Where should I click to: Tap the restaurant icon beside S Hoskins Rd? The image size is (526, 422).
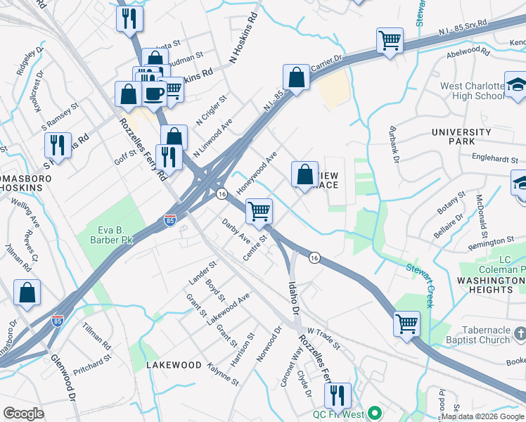coord(58,146)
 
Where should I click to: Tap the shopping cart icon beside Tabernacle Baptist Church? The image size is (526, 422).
coord(406,324)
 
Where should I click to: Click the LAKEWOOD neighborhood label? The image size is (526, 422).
coord(174,366)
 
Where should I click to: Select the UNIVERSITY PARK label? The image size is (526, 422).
coord(461,137)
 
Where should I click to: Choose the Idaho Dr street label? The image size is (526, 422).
coord(293,297)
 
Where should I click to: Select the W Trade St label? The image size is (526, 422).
coord(323,338)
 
